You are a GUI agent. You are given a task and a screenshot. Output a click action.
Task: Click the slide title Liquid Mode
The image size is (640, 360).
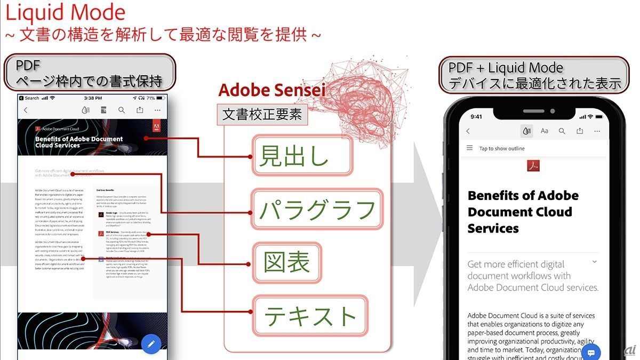coord(65,13)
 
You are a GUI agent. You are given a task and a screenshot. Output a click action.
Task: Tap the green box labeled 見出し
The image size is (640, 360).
coord(302,155)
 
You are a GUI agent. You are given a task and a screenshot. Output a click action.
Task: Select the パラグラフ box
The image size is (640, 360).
coord(317,209)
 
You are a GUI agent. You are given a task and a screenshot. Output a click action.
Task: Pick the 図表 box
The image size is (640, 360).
coord(287,262)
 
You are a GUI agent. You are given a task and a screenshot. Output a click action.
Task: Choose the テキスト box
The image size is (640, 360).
coord(310,316)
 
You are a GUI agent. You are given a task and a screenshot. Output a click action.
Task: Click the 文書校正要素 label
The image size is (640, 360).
coord(262,115)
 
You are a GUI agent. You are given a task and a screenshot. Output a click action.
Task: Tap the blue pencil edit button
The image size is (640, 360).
coord(151,344)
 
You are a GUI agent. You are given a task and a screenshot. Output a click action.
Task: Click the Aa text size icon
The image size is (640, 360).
coord(545,131)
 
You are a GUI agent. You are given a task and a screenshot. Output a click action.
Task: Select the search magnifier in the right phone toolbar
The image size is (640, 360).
coord(562,131)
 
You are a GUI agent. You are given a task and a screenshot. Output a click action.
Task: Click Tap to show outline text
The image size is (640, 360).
coord(502,149)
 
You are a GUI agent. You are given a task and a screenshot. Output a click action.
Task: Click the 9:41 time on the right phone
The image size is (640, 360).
coord(476,116)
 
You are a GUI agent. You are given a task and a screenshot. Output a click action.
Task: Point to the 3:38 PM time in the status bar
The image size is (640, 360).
coord(93,98)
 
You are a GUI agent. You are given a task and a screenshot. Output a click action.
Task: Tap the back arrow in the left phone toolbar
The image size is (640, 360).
coord(25,110)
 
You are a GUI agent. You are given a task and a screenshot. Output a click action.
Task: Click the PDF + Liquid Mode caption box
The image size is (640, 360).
coord(534,75)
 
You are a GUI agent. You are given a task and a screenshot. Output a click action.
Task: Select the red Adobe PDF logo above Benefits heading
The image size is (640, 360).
coord(534,166)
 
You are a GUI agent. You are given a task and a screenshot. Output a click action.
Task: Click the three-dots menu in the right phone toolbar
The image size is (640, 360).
coord(597,131)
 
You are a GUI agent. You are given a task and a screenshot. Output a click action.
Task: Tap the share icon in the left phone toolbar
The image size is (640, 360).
coord(140,110)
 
